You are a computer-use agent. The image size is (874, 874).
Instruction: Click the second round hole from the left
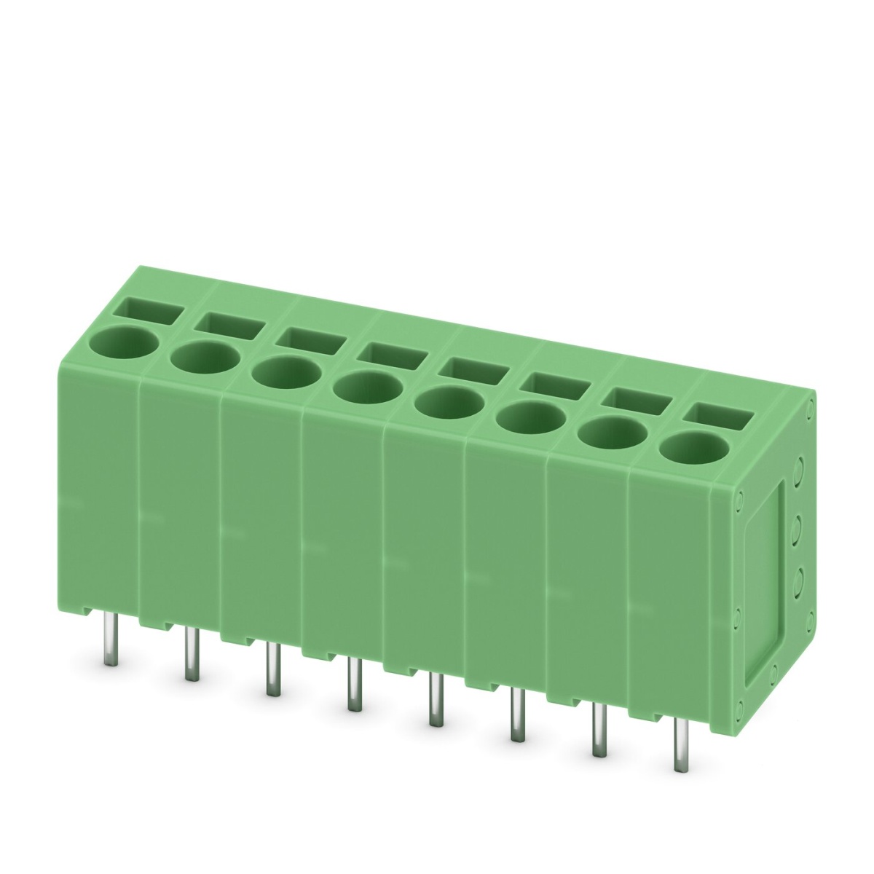point(205,358)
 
